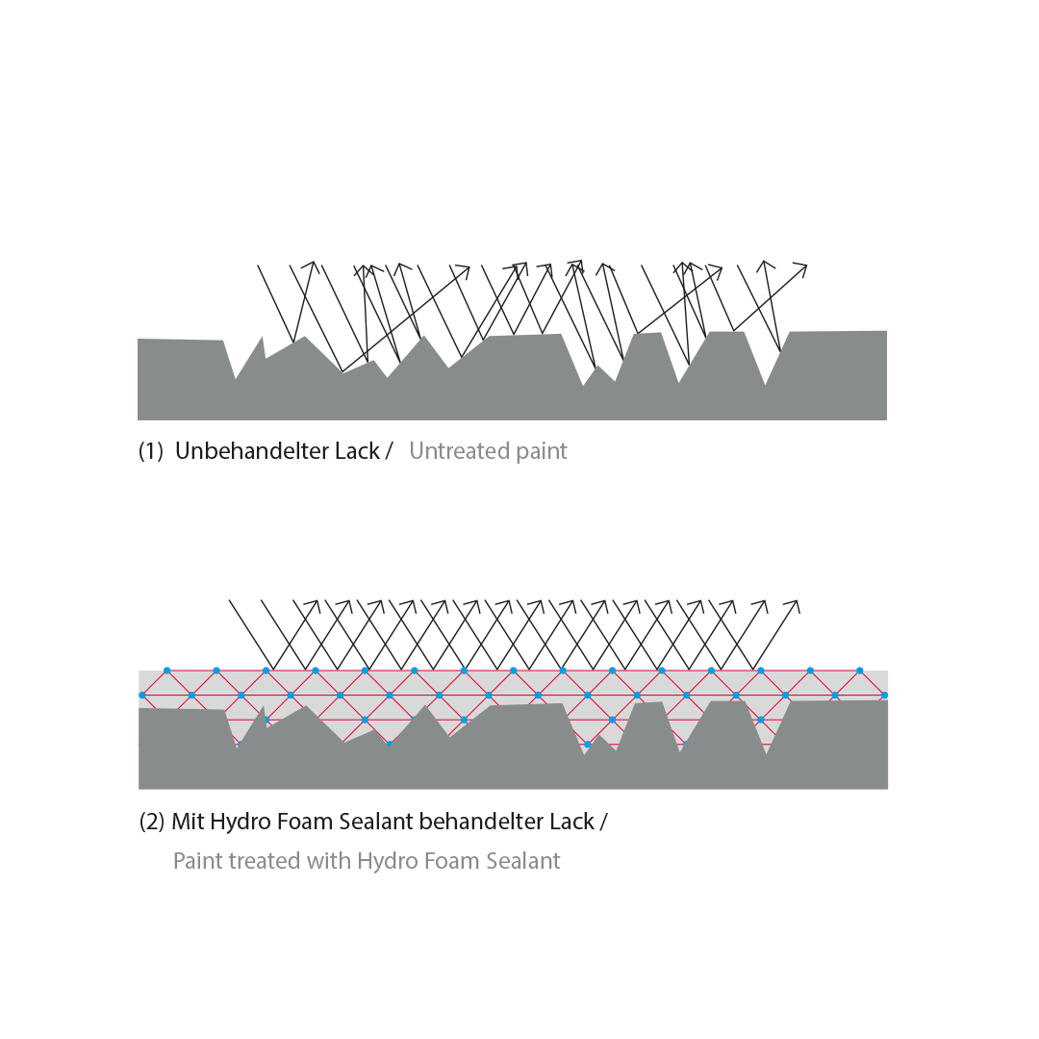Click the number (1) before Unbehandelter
pyautogui.click(x=150, y=451)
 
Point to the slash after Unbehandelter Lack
pyautogui.click(x=389, y=450)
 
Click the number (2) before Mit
pyautogui.click(x=152, y=822)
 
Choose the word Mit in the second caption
pyautogui.click(x=188, y=821)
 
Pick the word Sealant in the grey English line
pyautogui.click(x=523, y=861)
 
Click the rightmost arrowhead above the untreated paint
pyautogui.click(x=800, y=269)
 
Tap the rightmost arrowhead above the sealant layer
pyautogui.click(x=794, y=606)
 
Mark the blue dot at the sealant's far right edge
pyautogui.click(x=884, y=696)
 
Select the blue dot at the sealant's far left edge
pyautogui.click(x=142, y=696)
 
